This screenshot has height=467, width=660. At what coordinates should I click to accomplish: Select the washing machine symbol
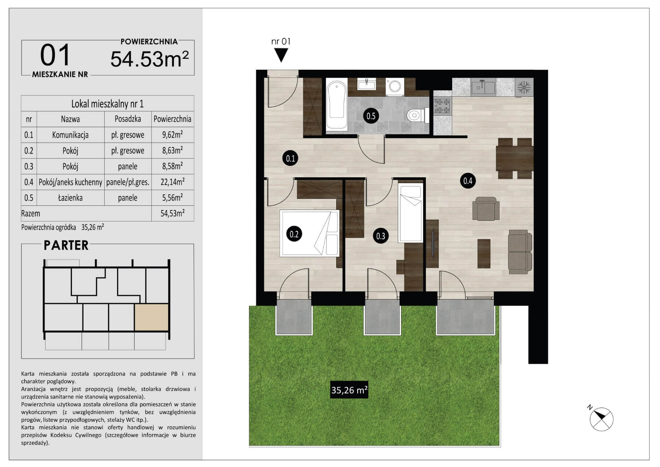[395, 87]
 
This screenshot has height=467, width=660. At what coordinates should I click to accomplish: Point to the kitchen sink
[483, 87]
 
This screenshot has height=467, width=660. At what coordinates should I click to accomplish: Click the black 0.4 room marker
[468, 181]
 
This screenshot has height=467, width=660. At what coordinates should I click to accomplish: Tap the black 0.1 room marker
[290, 158]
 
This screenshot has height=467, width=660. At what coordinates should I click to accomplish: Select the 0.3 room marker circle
[381, 236]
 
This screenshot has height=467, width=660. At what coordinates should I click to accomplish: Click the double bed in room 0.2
[310, 233]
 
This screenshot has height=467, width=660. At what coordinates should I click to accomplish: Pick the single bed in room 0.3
[411, 214]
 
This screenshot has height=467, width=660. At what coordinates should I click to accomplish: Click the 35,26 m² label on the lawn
[349, 390]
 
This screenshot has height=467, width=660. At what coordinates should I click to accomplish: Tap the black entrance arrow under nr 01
[281, 55]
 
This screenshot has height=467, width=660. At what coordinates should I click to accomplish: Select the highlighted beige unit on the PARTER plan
[152, 317]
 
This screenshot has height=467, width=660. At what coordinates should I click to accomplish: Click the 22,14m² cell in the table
[172, 182]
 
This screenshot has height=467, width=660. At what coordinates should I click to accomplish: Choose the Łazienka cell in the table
[70, 198]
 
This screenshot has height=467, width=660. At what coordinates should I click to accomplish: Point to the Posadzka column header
[128, 119]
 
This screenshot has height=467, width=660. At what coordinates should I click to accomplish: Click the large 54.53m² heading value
[150, 59]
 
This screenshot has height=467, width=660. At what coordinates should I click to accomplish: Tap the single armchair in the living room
[486, 209]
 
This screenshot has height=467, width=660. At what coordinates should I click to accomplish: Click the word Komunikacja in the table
[70, 135]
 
